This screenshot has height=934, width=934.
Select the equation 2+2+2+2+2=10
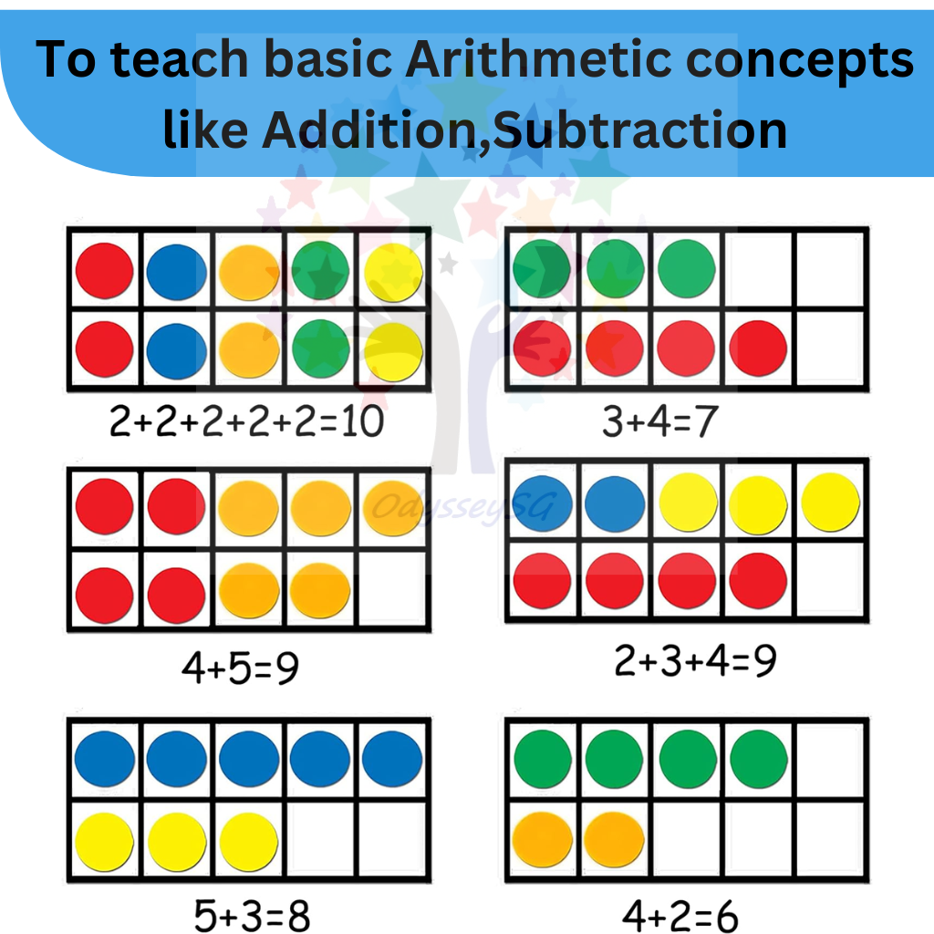(246, 422)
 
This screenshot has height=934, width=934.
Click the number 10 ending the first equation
(359, 422)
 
